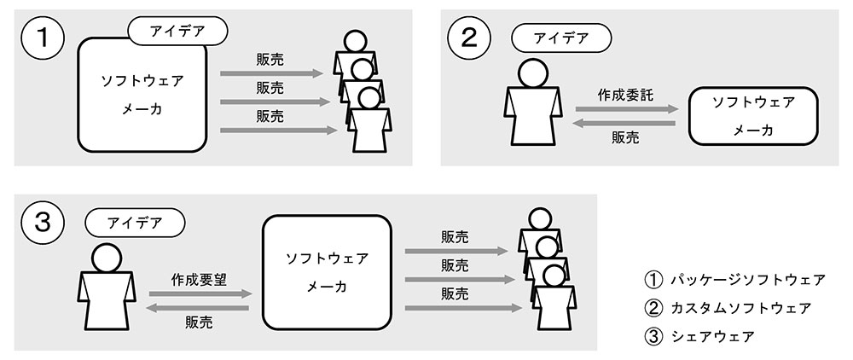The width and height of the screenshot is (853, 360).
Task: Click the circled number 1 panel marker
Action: (x=43, y=38)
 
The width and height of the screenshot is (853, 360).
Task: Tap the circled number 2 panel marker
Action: (x=469, y=38)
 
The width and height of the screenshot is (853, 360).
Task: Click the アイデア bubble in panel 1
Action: (x=177, y=31)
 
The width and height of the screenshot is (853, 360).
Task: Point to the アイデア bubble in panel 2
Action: (x=561, y=38)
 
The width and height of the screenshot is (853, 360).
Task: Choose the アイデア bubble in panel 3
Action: (x=135, y=223)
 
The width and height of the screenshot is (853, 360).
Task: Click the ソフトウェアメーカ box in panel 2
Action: (x=753, y=116)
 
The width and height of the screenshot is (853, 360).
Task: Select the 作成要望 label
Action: (x=199, y=280)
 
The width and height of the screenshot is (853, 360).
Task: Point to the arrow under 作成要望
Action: (x=200, y=294)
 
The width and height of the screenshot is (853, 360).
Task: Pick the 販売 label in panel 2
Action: (x=625, y=137)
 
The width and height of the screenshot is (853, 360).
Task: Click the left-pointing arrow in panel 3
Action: (x=198, y=308)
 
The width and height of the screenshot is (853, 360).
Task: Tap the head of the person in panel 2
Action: (x=532, y=73)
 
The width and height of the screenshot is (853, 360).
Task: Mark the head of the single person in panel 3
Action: (x=107, y=258)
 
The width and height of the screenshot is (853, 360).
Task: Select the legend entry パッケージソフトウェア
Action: (x=735, y=280)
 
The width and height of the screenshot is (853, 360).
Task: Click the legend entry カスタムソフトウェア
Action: (x=728, y=308)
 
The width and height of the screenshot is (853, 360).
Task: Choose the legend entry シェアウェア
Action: (x=699, y=337)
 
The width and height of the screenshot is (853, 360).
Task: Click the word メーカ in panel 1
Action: (x=142, y=109)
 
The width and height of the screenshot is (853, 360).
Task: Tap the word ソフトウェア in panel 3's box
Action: (x=327, y=258)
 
